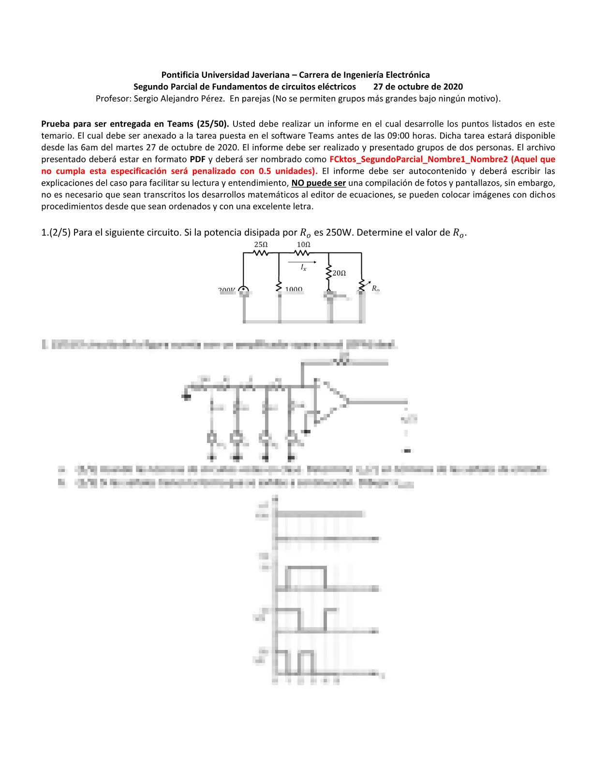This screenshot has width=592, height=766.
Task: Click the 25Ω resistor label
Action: [261, 245]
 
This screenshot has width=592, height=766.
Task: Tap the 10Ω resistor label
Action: [303, 245]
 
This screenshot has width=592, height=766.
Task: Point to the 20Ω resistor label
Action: [339, 273]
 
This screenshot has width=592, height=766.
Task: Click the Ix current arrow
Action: [302, 262]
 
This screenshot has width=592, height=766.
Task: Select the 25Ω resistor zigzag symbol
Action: [261, 253]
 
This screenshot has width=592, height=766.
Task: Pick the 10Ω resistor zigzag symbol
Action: [303, 253]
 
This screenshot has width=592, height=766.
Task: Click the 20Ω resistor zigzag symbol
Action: [329, 272]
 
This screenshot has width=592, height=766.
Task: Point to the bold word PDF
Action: [197, 159]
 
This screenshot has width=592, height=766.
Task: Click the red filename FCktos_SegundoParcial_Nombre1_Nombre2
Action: [418, 159]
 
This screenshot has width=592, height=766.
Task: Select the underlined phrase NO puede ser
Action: [318, 183]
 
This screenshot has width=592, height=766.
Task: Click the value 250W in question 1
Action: [339, 233]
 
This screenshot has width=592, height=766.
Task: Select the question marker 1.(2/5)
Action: [56, 233]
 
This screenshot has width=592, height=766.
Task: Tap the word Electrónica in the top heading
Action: [406, 75]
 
